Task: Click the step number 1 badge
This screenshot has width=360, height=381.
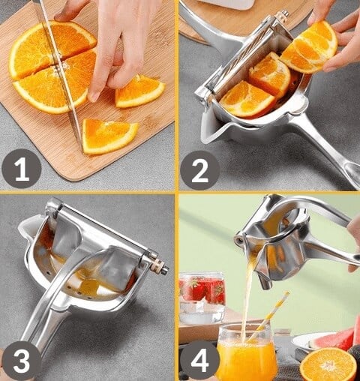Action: click(22, 169)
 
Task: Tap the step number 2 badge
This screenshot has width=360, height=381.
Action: click(199, 170)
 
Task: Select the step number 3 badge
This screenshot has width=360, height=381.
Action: click(21, 361)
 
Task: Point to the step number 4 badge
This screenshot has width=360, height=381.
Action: click(199, 360)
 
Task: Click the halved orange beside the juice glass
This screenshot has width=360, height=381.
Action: click(328, 364)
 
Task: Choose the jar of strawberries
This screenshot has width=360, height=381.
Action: click(202, 298)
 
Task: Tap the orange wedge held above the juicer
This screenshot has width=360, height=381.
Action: click(310, 47)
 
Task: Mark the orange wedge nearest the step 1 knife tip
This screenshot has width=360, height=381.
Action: click(109, 136)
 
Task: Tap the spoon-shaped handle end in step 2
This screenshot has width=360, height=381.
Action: click(352, 172)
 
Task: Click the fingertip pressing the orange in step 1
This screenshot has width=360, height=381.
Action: click(94, 96)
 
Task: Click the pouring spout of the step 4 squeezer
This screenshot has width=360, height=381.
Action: click(265, 282)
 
